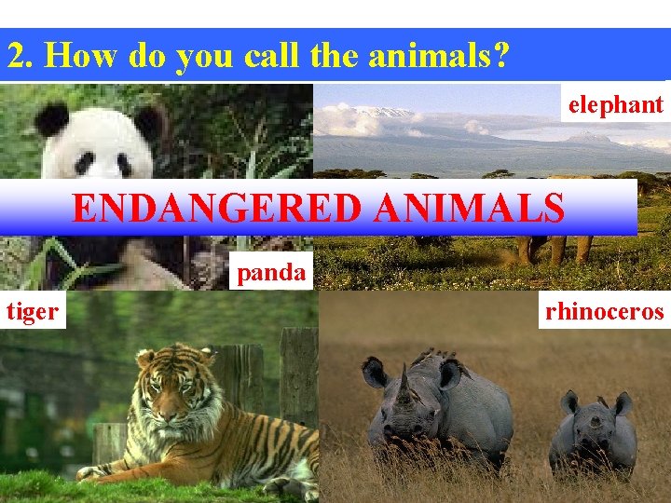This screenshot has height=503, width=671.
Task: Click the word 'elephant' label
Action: click(x=615, y=105)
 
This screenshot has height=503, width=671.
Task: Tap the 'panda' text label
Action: click(x=270, y=273)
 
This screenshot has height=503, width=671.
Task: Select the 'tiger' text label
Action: click(x=33, y=311)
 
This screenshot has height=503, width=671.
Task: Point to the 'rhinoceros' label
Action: click(x=605, y=311)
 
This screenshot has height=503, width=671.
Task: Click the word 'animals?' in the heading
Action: click(x=439, y=57)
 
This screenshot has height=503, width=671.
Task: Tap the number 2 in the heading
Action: click(x=16, y=57)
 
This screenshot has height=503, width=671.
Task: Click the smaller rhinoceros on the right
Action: click(x=593, y=433)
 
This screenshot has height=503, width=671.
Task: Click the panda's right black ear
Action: click(x=148, y=120)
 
